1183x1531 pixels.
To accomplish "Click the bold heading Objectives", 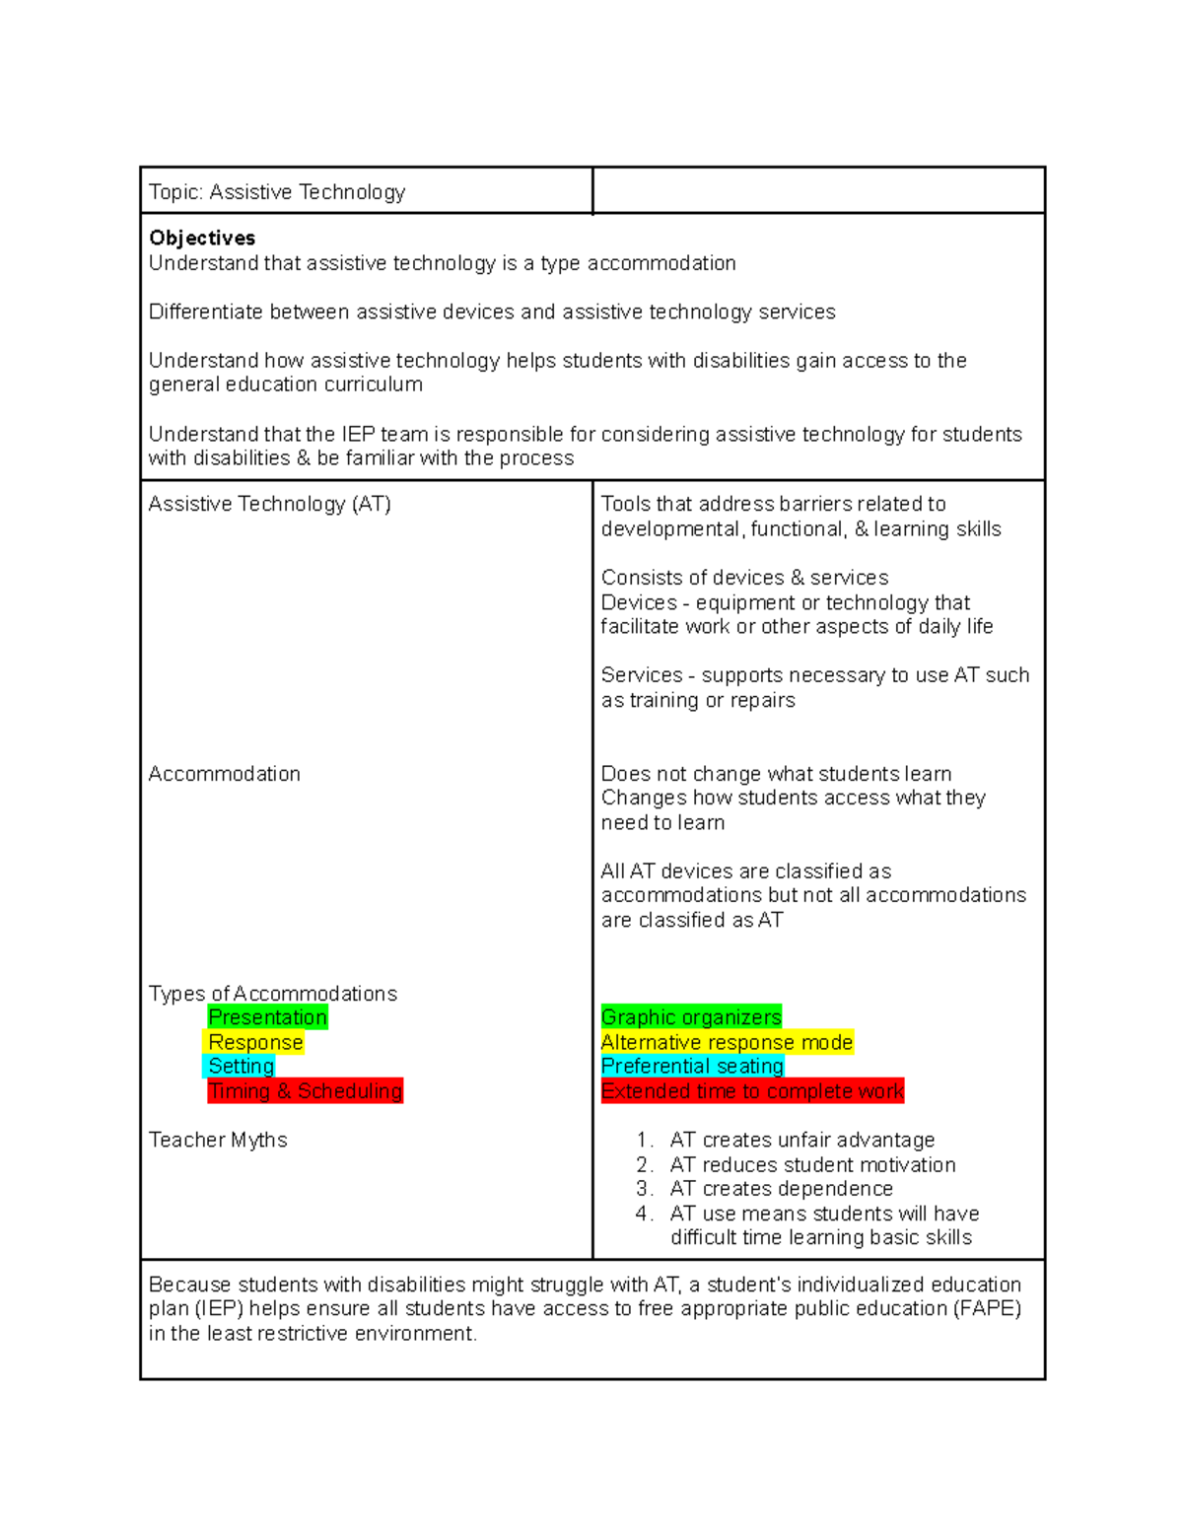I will pyautogui.click(x=202, y=238).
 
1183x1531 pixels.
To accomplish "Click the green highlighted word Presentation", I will pyautogui.click(x=267, y=1017).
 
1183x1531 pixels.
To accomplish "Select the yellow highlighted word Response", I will pyautogui.click(x=255, y=1042).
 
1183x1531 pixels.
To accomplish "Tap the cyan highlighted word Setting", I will pyautogui.click(x=241, y=1066).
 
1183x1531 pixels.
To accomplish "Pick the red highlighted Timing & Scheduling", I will pyautogui.click(x=305, y=1090).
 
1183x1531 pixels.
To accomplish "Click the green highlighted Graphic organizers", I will pyautogui.click(x=691, y=1017).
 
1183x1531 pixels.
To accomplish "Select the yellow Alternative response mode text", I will pyautogui.click(x=727, y=1042).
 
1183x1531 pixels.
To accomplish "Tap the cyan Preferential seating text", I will pyautogui.click(x=692, y=1066).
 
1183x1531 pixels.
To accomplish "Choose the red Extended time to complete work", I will pyautogui.click(x=752, y=1090).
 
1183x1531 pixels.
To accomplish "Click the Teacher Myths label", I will pyautogui.click(x=218, y=1140).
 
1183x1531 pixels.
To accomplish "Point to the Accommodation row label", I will pyautogui.click(x=225, y=774).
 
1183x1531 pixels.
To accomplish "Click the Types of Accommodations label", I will pyautogui.click(x=273, y=994).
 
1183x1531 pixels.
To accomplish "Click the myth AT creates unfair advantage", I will pyautogui.click(x=801, y=1140).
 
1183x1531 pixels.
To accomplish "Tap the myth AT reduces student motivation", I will pyautogui.click(x=812, y=1164).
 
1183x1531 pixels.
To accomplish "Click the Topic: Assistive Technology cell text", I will pyautogui.click(x=277, y=192).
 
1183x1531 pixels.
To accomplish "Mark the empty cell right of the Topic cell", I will pyautogui.click(x=818, y=190).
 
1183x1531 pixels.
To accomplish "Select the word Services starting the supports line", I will pyautogui.click(x=642, y=675).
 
